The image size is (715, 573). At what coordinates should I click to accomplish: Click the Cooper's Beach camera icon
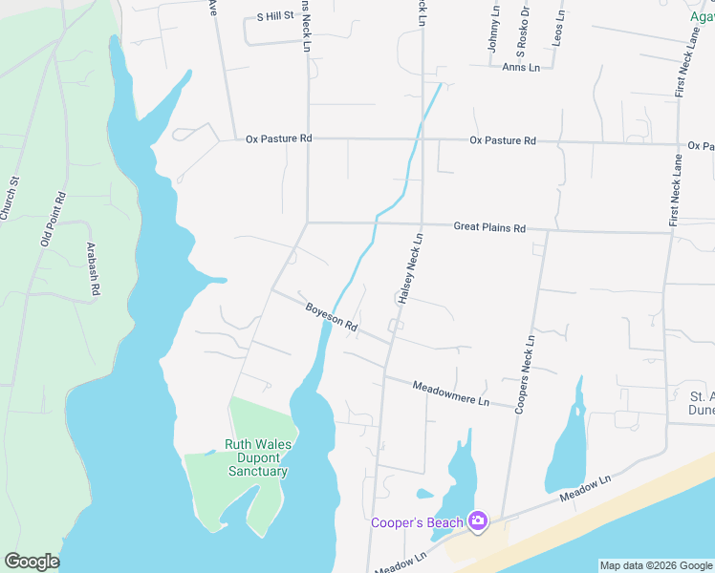(478, 521)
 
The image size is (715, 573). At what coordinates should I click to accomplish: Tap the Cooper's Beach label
(418, 522)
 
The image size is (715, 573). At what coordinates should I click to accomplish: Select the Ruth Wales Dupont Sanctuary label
(256, 457)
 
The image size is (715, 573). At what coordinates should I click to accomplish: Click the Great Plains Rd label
(489, 228)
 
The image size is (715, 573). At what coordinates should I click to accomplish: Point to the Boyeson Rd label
(331, 318)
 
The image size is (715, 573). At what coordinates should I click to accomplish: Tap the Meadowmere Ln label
(450, 393)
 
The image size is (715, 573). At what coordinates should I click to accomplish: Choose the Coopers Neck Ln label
(524, 372)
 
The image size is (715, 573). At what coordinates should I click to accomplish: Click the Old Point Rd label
(53, 220)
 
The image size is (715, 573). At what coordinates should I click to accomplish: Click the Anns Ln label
(521, 67)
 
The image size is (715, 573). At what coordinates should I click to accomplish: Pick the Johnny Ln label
(494, 29)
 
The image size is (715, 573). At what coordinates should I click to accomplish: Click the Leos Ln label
(557, 27)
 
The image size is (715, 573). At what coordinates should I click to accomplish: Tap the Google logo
(32, 562)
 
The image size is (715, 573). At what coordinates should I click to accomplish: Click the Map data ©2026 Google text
(656, 565)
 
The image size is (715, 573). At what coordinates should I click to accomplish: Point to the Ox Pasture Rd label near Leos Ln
(502, 141)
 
